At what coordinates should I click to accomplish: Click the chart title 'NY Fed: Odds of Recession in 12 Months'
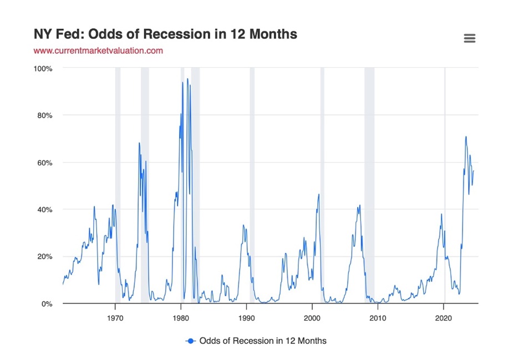[x=165, y=34]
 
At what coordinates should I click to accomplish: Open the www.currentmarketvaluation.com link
[x=98, y=50]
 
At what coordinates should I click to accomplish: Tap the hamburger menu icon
[x=469, y=38]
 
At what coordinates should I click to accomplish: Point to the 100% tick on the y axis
[x=43, y=68]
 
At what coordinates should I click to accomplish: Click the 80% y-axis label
[x=44, y=115]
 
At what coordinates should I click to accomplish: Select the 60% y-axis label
[x=44, y=163]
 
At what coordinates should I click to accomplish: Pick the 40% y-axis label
[x=44, y=210]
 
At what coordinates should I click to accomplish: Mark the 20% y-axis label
[x=44, y=257]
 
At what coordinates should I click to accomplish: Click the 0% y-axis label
[x=46, y=304]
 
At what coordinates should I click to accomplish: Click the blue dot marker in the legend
[x=191, y=341]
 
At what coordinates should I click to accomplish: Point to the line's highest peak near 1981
[x=187, y=79]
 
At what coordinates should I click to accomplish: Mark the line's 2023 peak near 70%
[x=466, y=136]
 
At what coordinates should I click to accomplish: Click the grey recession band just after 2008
[x=369, y=183]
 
